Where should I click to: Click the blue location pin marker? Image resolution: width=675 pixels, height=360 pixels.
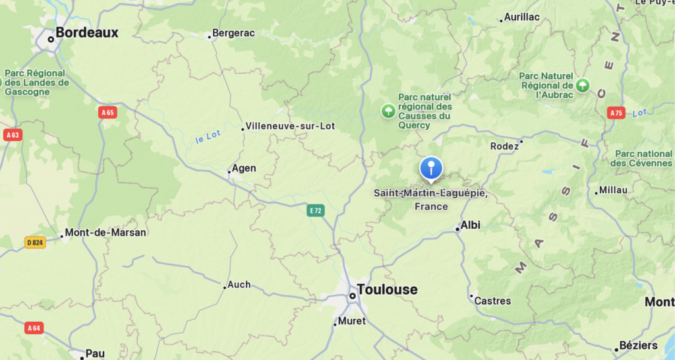click(431, 167)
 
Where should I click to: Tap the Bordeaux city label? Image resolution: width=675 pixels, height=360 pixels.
click(86, 32)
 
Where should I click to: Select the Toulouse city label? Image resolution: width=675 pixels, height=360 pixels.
click(387, 289)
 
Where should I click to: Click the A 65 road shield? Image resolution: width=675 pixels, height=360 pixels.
click(107, 113)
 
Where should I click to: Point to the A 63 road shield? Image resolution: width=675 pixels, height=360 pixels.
click(12, 135)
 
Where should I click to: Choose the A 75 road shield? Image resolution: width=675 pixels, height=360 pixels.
click(616, 113)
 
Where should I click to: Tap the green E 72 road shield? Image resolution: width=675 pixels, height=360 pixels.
click(316, 210)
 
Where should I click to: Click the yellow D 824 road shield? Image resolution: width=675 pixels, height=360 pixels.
click(36, 243)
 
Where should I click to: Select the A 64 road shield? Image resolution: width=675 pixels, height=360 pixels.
click(34, 328)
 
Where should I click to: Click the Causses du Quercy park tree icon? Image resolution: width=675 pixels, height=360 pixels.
click(389, 111)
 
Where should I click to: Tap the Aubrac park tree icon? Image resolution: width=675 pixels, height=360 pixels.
click(582, 85)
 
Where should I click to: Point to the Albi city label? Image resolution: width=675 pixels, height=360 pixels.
click(470, 225)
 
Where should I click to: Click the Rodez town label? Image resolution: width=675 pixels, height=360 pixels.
click(505, 146)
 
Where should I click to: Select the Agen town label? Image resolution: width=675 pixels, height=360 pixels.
click(244, 168)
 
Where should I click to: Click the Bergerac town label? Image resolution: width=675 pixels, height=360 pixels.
click(232, 33)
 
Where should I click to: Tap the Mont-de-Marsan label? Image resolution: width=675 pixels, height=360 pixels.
click(105, 232)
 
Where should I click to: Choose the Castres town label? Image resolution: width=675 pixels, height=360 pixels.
click(492, 301)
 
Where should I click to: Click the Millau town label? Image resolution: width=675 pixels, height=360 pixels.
click(613, 191)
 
